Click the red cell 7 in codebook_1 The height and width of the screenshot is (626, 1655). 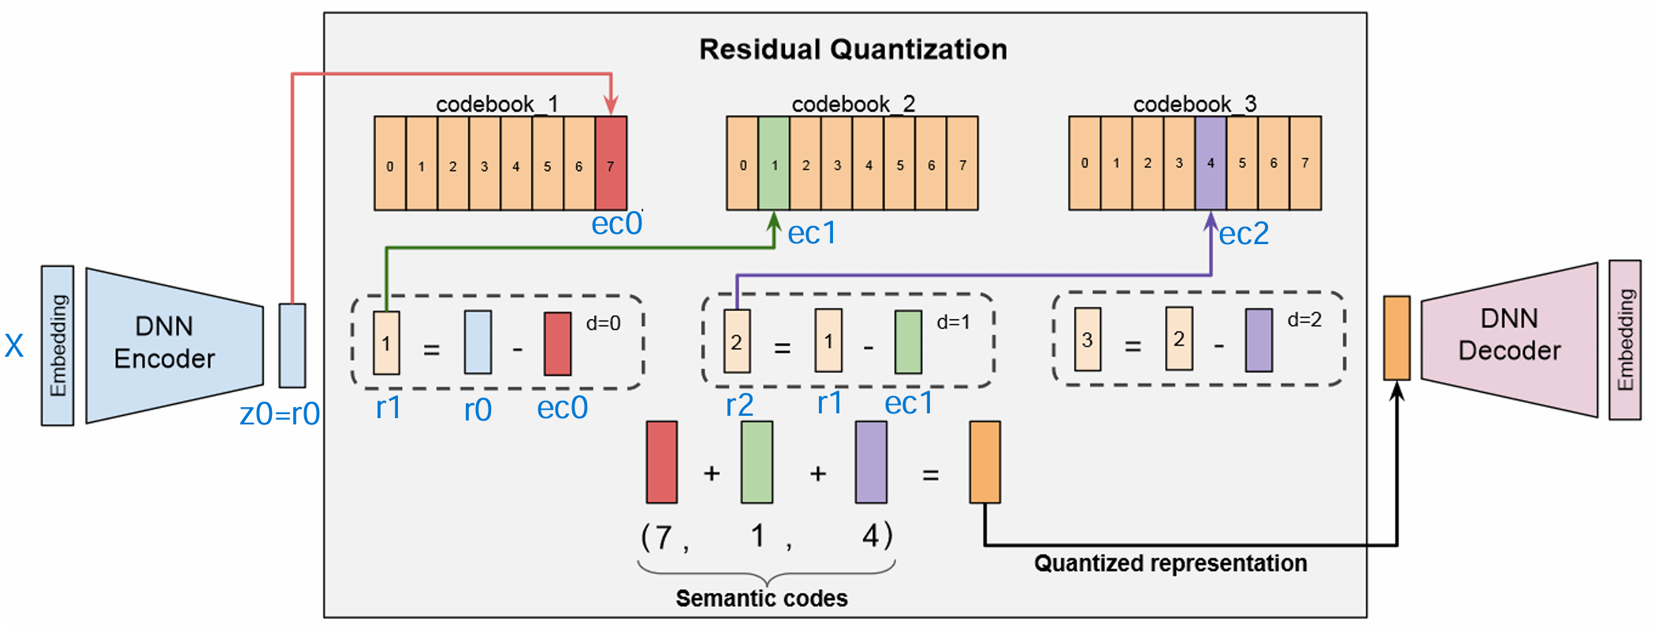[611, 163]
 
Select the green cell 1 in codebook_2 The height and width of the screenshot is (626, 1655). [774, 163]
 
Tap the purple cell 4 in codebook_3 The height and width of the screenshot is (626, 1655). [1211, 162]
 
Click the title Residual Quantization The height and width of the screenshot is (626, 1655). [853, 50]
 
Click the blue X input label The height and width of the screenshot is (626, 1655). [14, 346]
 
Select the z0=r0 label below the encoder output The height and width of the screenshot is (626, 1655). [280, 414]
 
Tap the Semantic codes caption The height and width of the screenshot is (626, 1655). [761, 598]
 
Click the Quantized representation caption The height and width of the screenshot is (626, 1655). [1170, 564]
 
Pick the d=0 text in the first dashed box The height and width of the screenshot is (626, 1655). [603, 324]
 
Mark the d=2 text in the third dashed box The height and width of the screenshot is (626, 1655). [1304, 320]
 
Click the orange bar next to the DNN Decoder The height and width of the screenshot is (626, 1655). [1397, 338]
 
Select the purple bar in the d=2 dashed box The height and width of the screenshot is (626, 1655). [1259, 339]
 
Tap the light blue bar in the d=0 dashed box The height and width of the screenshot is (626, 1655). [478, 343]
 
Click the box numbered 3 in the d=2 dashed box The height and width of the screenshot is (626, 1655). [1088, 339]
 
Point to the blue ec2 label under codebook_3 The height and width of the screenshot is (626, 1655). [1244, 234]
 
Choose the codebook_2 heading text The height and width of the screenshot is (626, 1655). [853, 104]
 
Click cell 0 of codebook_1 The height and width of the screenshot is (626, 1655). [390, 163]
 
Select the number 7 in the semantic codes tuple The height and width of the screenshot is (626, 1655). [664, 537]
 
